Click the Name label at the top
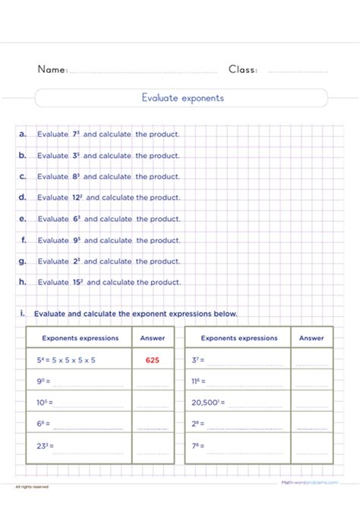(x=52, y=70)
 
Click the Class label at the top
(x=243, y=70)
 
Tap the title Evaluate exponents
(x=182, y=98)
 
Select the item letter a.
(x=23, y=134)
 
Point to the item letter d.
(x=23, y=198)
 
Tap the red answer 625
(x=152, y=360)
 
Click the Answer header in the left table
(x=152, y=338)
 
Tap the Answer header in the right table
(x=311, y=338)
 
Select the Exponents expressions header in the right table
(x=239, y=338)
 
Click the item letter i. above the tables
(x=23, y=313)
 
